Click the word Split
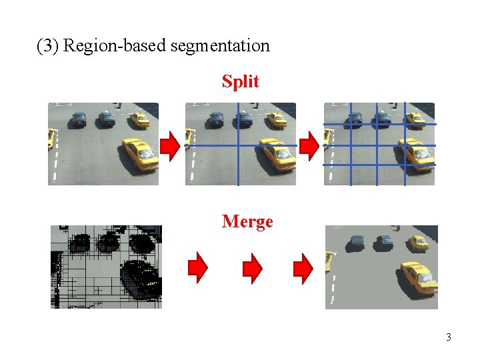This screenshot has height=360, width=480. (x=240, y=81)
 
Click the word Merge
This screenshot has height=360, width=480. (x=247, y=221)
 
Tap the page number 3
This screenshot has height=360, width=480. (x=449, y=337)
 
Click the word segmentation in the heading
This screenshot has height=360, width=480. (x=220, y=46)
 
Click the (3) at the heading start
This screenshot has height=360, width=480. (x=48, y=46)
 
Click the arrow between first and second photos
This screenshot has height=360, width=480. (x=171, y=145)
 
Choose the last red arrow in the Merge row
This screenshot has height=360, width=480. (x=304, y=267)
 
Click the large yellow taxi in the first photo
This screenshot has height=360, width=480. (x=140, y=154)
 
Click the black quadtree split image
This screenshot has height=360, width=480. (x=106, y=267)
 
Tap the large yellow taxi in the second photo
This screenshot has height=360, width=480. (x=277, y=154)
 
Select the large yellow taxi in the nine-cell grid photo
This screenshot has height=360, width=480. (x=416, y=154)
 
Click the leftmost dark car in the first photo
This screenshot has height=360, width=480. (x=78, y=119)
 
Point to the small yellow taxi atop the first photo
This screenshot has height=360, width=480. (x=139, y=119)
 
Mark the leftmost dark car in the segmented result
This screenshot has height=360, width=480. (x=356, y=242)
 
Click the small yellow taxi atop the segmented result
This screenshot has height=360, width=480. (x=419, y=242)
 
